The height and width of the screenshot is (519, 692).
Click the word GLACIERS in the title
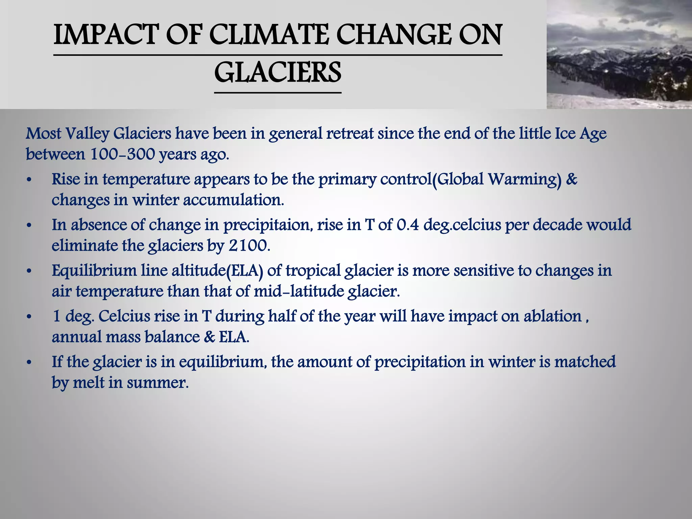[278, 73]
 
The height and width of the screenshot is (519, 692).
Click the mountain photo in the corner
[619, 54]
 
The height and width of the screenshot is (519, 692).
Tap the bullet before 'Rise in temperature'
[29, 180]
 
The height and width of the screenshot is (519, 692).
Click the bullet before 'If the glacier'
[29, 362]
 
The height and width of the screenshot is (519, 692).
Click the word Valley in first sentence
[88, 134]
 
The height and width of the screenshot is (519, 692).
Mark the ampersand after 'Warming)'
[571, 179]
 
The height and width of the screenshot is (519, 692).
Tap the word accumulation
[233, 200]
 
